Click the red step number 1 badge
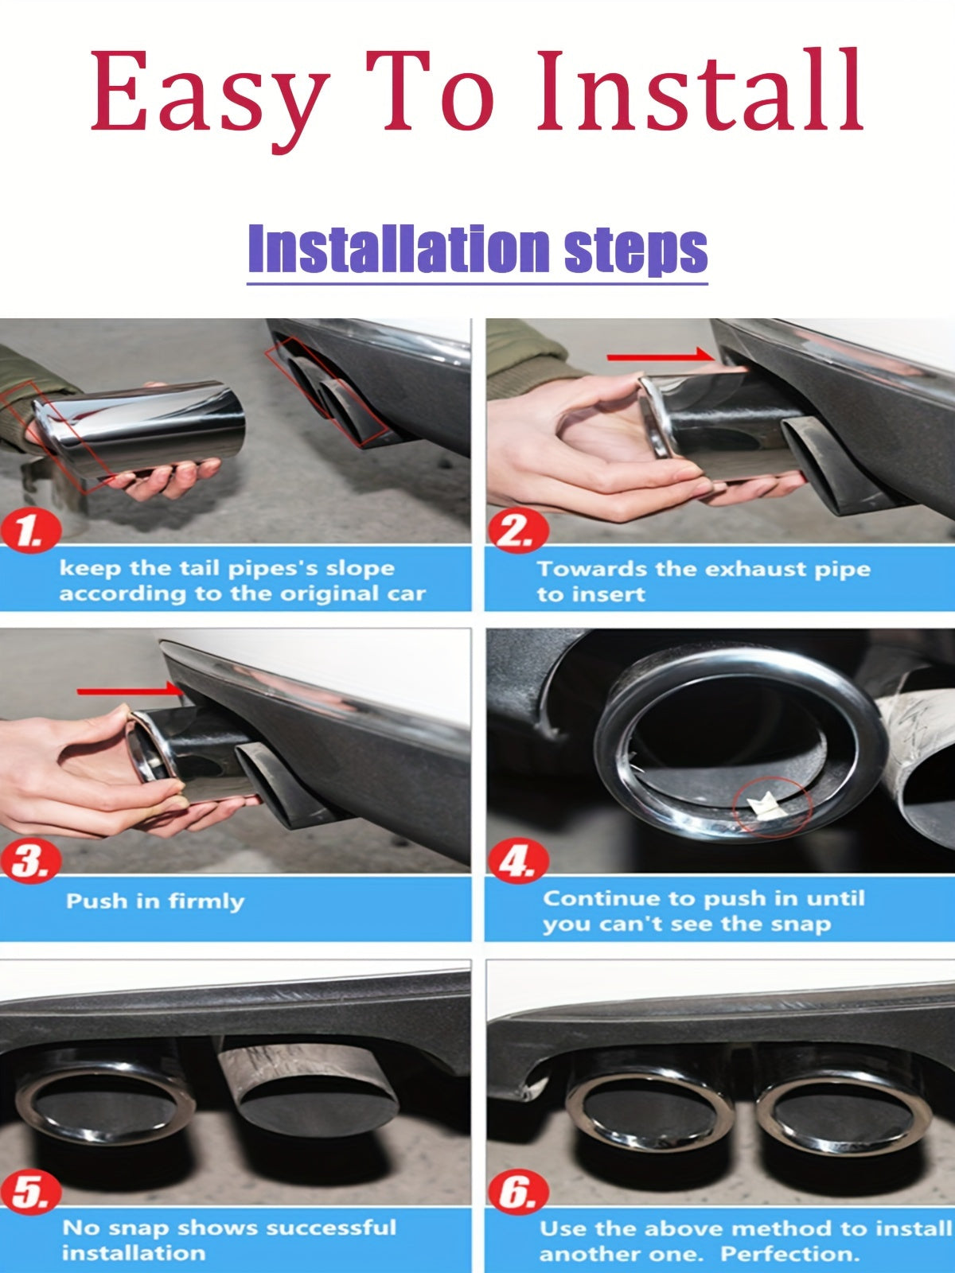pyautogui.click(x=30, y=531)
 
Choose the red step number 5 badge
pyautogui.click(x=30, y=1193)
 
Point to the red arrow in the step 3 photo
pyautogui.click(x=127, y=691)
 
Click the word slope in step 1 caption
pyautogui.click(x=361, y=568)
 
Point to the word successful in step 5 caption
pyautogui.click(x=329, y=1228)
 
